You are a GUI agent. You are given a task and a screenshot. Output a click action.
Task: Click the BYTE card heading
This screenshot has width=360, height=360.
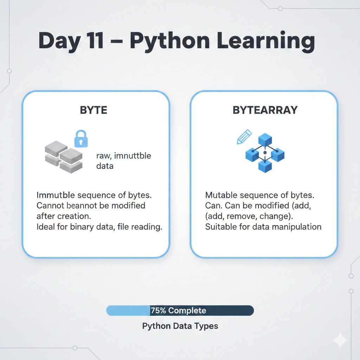(x=94, y=110)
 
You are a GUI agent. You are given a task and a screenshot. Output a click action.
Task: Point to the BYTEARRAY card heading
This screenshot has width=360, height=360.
(x=265, y=110)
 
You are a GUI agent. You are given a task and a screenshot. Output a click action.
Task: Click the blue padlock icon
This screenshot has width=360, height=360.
(x=81, y=139)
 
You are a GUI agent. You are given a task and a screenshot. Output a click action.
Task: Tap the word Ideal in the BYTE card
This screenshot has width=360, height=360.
(x=45, y=227)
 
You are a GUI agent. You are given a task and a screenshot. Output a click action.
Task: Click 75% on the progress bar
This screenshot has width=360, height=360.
(x=159, y=310)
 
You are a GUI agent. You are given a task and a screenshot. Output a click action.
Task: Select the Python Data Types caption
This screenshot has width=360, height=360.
(x=180, y=326)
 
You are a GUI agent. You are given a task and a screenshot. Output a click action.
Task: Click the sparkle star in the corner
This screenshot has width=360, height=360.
(x=340, y=340)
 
